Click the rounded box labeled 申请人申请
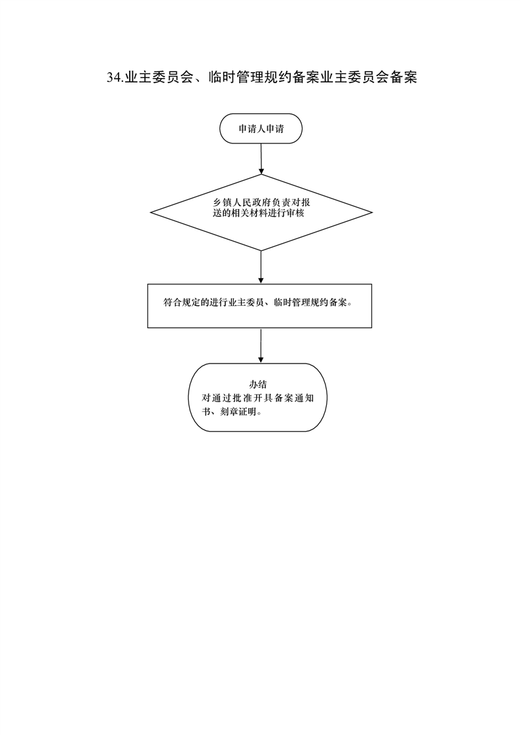point(261,128)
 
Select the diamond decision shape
point(261,213)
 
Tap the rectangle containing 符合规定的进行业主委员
point(259,306)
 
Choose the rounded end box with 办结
point(257,398)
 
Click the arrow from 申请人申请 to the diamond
point(261,159)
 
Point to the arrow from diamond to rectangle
point(261,267)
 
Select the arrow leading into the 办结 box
point(261,345)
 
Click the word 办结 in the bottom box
point(257,385)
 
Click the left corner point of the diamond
point(151,213)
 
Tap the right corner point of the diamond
point(373,213)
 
